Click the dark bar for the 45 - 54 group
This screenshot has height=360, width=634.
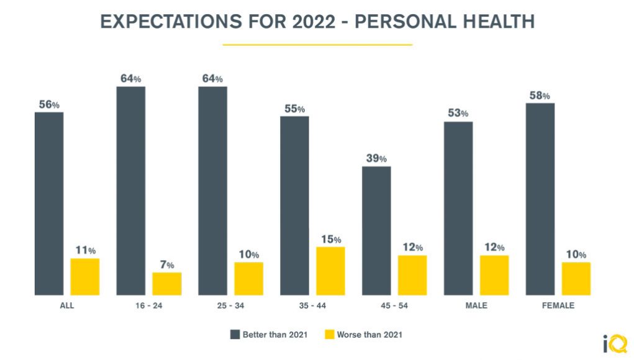(x=376, y=230)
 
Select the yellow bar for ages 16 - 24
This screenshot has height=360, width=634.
(x=167, y=284)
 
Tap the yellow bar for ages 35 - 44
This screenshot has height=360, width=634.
(x=330, y=271)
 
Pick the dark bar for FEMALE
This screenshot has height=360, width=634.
(x=540, y=199)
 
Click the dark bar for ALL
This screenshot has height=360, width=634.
(x=49, y=204)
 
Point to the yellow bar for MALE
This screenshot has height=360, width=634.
(x=494, y=275)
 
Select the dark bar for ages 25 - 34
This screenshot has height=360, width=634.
(x=212, y=191)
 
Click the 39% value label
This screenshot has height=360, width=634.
(x=376, y=158)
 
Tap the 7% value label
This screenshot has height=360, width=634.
(x=167, y=265)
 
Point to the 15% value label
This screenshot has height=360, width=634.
(x=331, y=240)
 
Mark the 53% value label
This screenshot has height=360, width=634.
(x=458, y=114)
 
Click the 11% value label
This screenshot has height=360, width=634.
(x=85, y=251)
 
